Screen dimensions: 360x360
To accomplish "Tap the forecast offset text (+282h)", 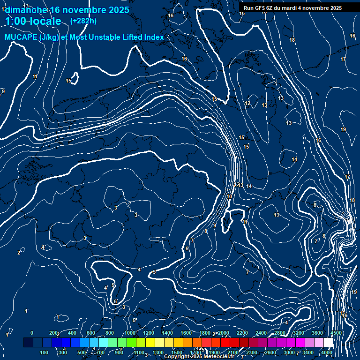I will (83, 21).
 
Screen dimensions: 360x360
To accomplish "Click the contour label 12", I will (247, 104).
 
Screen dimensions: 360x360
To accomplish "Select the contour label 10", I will (229, 197).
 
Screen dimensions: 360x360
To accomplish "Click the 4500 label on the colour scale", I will (336, 333).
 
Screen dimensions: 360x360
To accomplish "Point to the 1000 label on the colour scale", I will (130, 333).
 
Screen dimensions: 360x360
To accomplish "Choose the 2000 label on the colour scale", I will (224, 333).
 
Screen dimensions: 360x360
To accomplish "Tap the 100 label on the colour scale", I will (45, 352).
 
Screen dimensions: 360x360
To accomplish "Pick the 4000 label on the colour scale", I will (327, 352).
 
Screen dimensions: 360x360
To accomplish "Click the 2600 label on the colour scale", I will (270, 352).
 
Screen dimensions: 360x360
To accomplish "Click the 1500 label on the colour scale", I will (177, 352).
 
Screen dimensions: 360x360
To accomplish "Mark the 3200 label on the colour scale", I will (299, 333).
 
